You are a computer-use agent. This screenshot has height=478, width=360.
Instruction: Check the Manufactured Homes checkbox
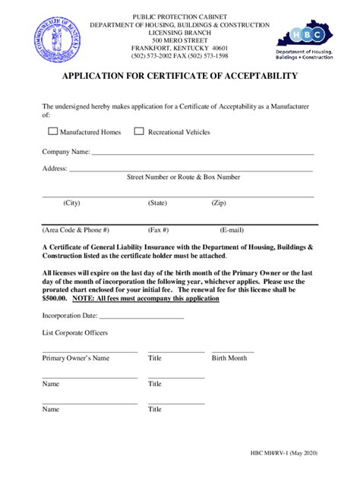[52, 131]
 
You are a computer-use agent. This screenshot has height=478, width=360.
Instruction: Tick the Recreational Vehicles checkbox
[139, 131]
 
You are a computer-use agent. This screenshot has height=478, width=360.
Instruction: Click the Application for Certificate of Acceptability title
[180, 77]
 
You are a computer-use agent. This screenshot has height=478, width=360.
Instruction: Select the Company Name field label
[66, 152]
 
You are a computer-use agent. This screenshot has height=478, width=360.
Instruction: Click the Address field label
[55, 168]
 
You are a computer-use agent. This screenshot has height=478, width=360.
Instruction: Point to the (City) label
[72, 203]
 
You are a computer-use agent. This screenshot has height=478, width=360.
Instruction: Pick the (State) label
[157, 203]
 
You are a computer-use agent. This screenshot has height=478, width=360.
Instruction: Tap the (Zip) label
[219, 203]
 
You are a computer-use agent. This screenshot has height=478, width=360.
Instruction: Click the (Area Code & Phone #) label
[76, 229]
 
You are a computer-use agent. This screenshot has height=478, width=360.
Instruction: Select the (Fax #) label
[159, 229]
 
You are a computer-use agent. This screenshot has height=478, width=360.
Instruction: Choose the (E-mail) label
[232, 229]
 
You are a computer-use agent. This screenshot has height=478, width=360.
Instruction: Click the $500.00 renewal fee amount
[55, 299]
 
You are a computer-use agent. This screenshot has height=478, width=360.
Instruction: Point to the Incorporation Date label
[70, 316]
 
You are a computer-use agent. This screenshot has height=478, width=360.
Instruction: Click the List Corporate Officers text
[74, 333]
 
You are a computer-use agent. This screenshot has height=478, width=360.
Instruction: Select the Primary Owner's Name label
[76, 358]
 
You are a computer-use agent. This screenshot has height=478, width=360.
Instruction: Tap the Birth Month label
[229, 358]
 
